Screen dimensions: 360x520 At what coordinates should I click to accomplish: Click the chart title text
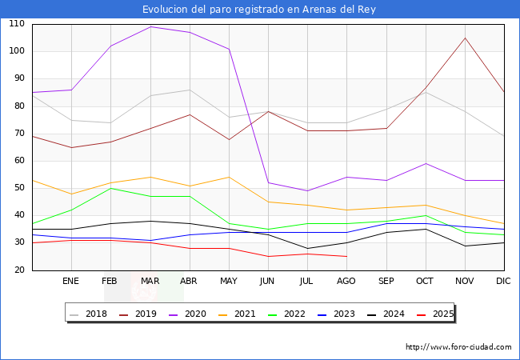click(259, 10)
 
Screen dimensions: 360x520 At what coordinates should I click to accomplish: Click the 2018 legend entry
click(90, 314)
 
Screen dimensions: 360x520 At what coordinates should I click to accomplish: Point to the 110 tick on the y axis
click(16, 24)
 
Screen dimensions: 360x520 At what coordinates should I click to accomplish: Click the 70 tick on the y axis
click(18, 134)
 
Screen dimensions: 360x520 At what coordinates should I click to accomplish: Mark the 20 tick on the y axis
click(18, 270)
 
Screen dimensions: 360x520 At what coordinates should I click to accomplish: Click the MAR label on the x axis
click(150, 281)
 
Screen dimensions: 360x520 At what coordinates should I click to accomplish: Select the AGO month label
click(346, 281)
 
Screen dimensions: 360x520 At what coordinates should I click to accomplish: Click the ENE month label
click(70, 281)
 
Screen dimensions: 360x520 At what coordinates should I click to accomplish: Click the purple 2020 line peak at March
click(150, 26)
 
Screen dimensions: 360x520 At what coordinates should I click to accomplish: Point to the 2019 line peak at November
click(465, 38)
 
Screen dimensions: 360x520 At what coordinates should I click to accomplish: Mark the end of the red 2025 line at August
click(346, 256)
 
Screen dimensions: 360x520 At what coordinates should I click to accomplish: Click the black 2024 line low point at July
click(307, 248)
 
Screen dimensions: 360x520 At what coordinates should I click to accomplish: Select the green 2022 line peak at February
click(110, 188)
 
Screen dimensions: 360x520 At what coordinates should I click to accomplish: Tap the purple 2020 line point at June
click(268, 182)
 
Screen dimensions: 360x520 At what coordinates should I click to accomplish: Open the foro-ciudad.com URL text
click(458, 347)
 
